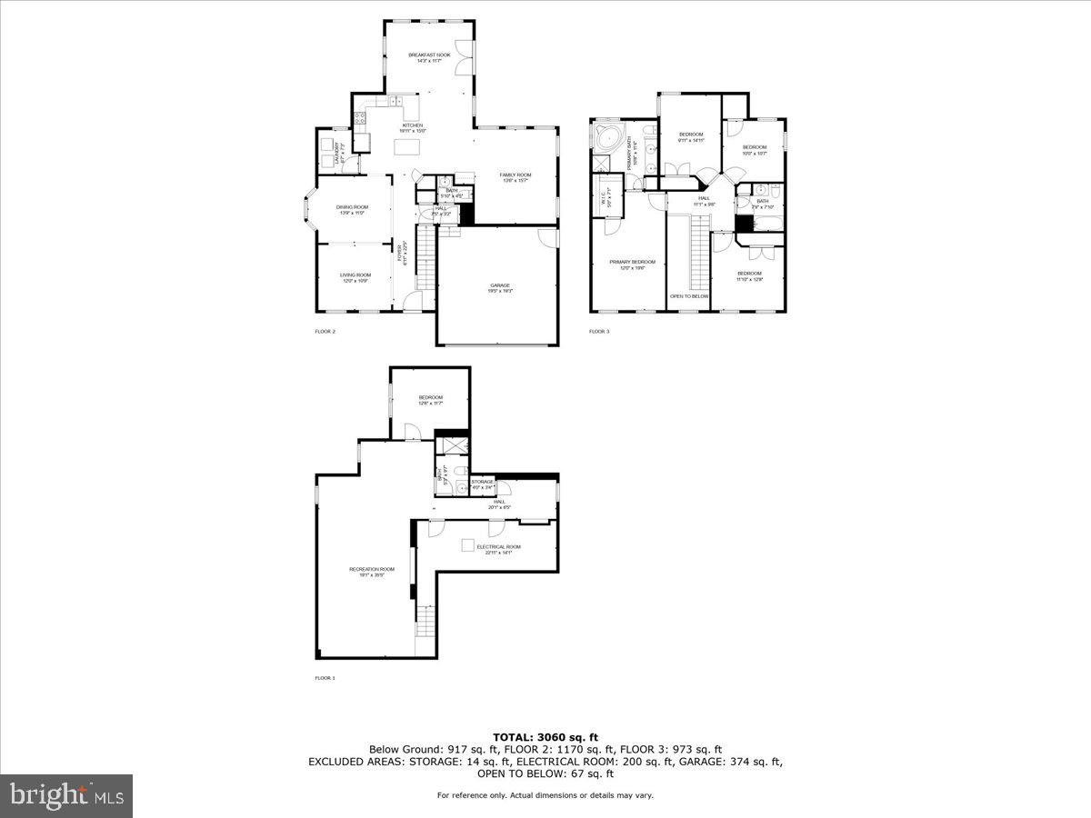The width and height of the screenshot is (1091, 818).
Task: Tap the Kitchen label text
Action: pos(413,127)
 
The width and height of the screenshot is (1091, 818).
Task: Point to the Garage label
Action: pos(500,288)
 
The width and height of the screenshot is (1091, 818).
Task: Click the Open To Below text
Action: pos(689,296)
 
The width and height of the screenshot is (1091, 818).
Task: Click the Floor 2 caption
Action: pos(325,332)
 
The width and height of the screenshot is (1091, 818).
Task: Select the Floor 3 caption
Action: pos(599,332)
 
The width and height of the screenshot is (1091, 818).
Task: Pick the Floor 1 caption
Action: pos(325,678)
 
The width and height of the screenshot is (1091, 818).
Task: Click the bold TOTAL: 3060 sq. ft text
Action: pos(545,737)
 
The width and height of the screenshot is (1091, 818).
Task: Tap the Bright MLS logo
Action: pos(66,796)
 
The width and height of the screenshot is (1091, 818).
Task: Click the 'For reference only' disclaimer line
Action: pos(545,795)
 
